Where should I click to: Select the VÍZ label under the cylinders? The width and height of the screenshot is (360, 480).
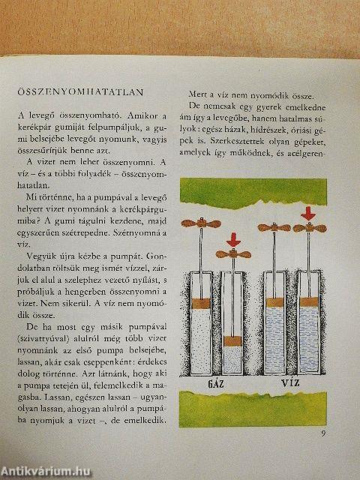pos(290,385)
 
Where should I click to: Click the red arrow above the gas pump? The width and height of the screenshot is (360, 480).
pos(232,241)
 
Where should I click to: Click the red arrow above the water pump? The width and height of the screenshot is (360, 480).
pos(307,213)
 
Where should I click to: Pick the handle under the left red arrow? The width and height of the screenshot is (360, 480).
pos(232,253)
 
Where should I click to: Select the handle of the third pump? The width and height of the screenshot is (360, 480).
pos(273,226)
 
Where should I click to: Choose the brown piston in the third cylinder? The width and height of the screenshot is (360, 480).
pos(273,301)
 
